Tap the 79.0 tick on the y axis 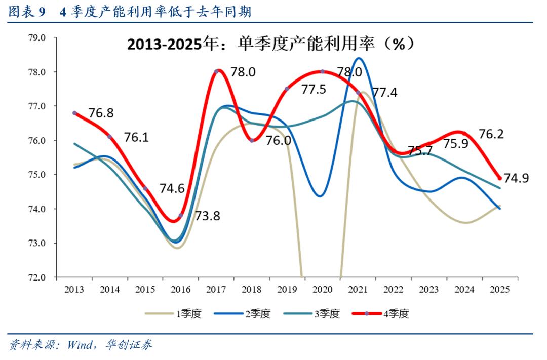(x=36, y=38)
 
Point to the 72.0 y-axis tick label (x=36, y=277)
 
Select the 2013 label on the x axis (x=74, y=290)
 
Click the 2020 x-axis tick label (x=322, y=290)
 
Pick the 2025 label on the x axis (x=499, y=290)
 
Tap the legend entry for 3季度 (x=311, y=314)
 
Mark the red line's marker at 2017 (x=216, y=71)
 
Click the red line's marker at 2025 (x=499, y=178)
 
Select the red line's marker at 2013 (x=74, y=113)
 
